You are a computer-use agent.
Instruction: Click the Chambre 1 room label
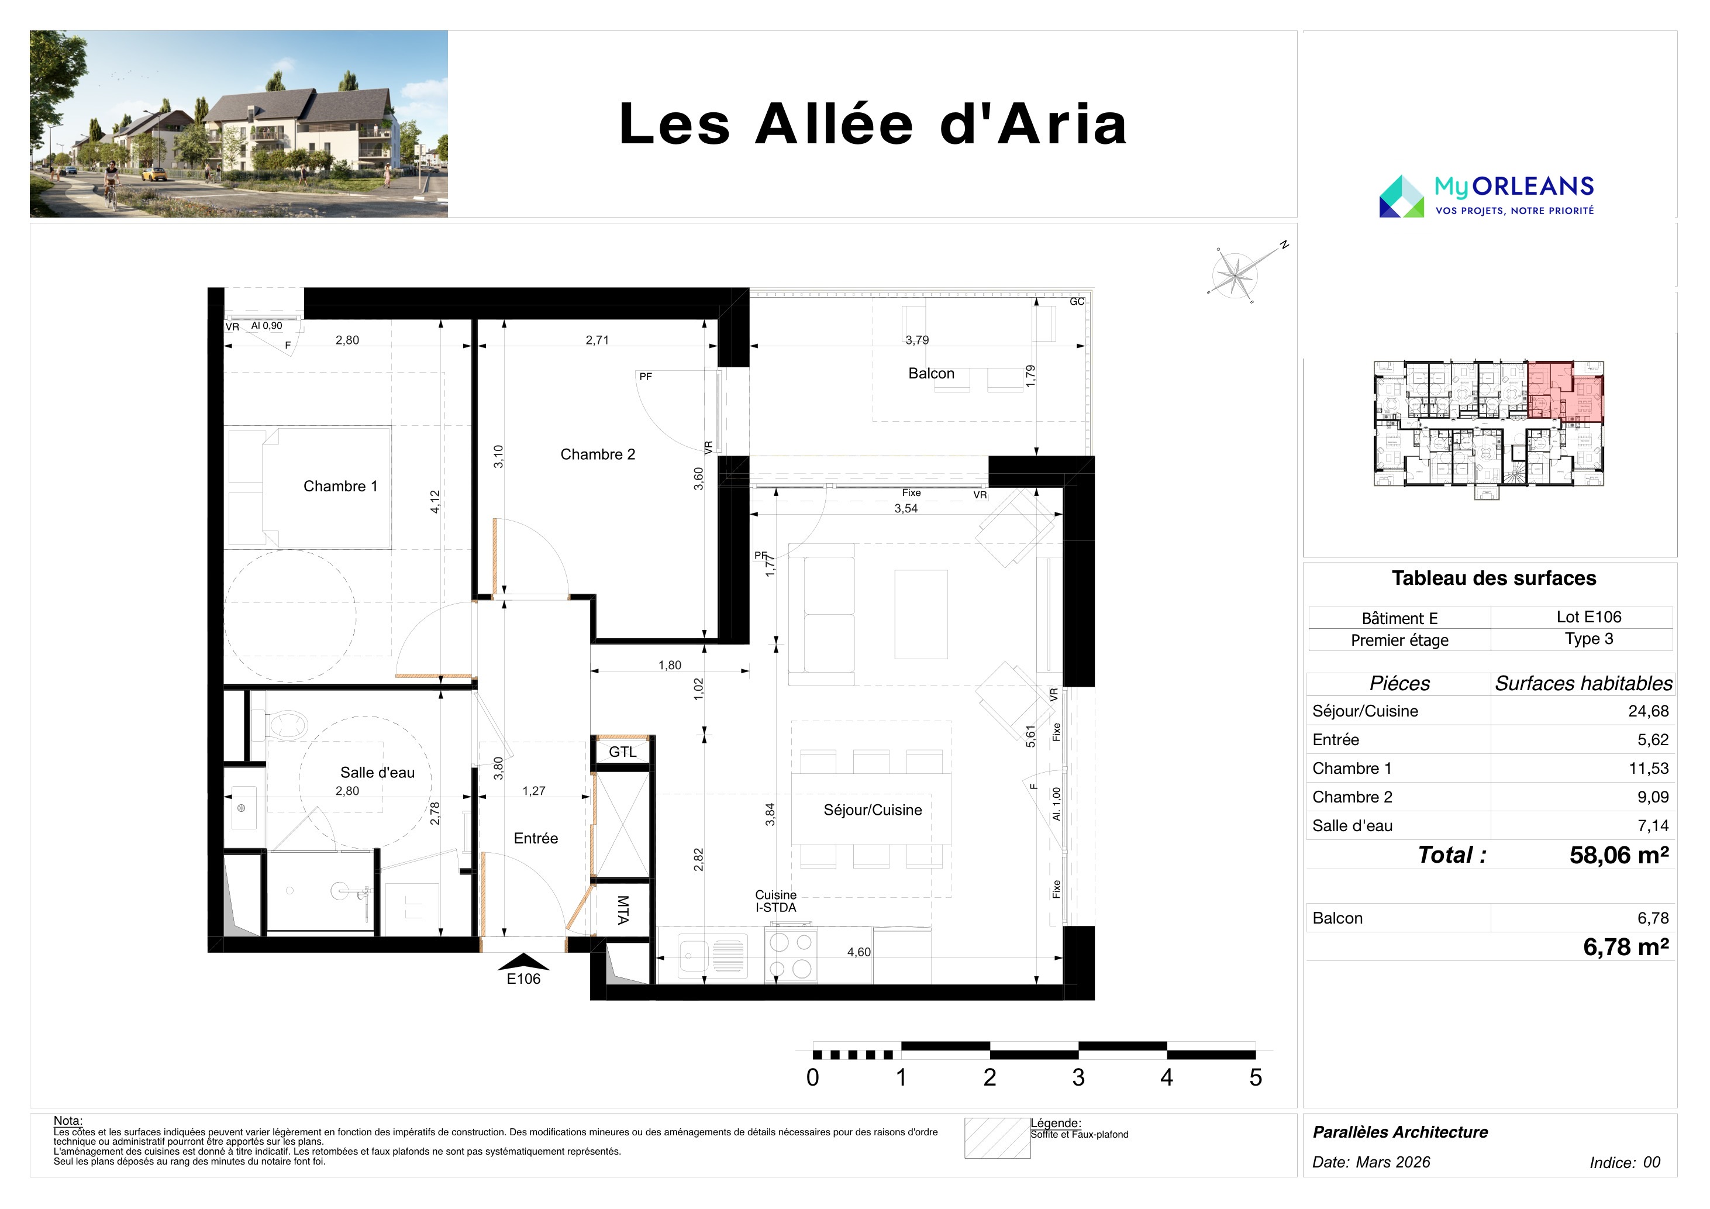click(340, 487)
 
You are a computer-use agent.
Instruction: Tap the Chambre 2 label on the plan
click(597, 454)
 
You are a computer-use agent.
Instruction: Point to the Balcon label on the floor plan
click(931, 373)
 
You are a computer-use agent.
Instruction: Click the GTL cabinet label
click(623, 752)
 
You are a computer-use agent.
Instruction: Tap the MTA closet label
click(623, 910)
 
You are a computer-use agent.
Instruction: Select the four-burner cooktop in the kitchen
click(791, 955)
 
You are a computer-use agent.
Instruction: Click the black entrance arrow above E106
click(523, 962)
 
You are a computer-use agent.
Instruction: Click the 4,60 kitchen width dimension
click(859, 952)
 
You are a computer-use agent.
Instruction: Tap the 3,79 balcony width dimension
click(917, 340)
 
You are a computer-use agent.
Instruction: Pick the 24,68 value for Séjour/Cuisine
click(1648, 711)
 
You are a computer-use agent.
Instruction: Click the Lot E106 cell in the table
click(1588, 617)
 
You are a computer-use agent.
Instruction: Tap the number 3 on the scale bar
click(1078, 1077)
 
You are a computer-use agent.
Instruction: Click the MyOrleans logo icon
click(1402, 197)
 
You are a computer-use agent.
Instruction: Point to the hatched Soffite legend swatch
click(997, 1138)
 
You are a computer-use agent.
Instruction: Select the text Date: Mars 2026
click(1371, 1162)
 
